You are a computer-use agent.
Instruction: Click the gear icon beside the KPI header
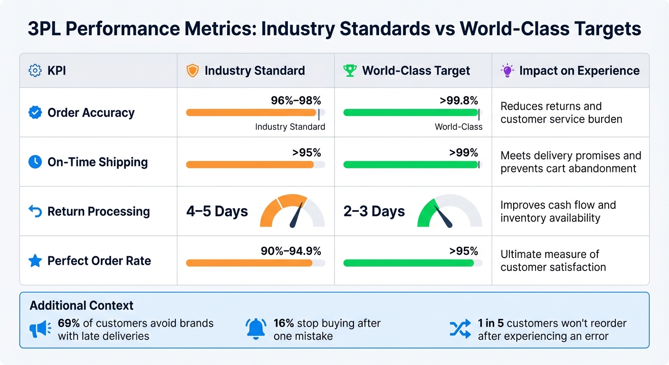(35, 71)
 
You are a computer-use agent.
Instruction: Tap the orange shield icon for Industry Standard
(192, 71)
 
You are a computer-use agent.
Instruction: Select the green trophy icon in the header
(350, 71)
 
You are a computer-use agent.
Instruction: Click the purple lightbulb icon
(507, 71)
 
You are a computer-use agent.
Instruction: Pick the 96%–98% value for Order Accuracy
(296, 100)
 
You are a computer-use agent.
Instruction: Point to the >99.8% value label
(459, 100)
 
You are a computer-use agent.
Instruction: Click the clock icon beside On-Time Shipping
(35, 162)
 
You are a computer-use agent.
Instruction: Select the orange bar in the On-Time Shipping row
(250, 165)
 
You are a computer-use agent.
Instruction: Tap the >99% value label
(463, 153)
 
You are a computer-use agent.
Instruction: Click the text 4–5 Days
(217, 211)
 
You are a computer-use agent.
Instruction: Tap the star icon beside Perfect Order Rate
(35, 261)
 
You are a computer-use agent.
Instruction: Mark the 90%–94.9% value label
(291, 251)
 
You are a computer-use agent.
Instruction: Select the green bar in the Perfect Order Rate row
(409, 263)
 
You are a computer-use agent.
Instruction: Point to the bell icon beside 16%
(256, 329)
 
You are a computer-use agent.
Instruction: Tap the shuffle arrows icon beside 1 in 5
(460, 329)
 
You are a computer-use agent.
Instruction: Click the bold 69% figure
(68, 324)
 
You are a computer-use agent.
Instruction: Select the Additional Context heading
(82, 305)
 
